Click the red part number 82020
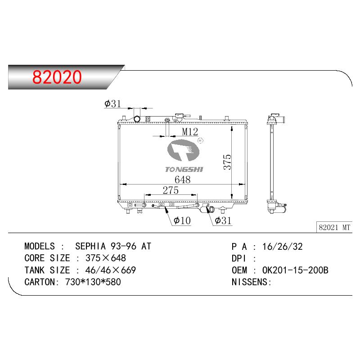(x=57, y=77)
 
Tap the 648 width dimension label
(x=183, y=180)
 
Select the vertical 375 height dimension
(x=227, y=162)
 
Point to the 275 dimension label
(x=171, y=190)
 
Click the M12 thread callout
(x=190, y=132)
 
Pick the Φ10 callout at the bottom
(x=182, y=220)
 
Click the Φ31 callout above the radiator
(x=112, y=104)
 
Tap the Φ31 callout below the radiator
(x=223, y=220)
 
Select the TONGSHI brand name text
(x=184, y=170)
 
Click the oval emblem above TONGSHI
(x=183, y=151)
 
